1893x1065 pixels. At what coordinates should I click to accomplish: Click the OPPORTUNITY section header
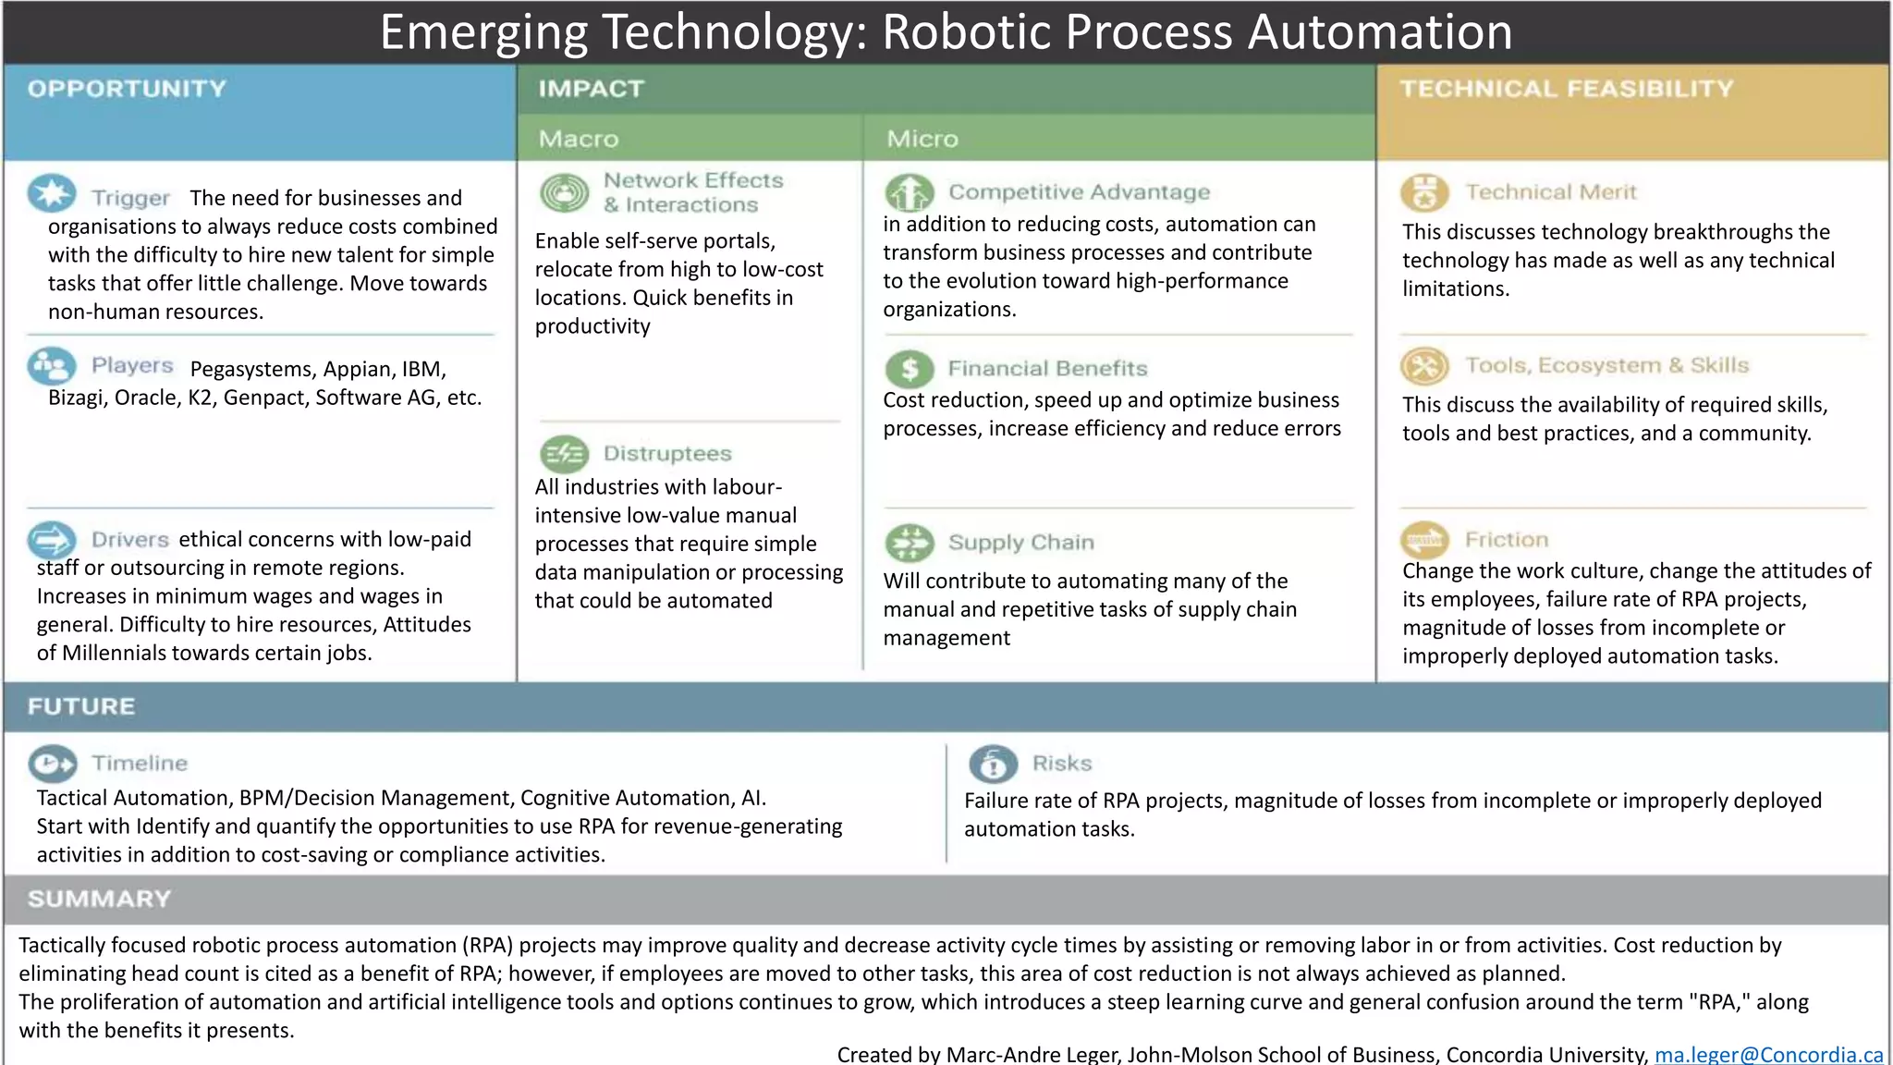pos(127,89)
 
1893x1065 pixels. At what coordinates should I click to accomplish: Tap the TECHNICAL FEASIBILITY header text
pos(1567,89)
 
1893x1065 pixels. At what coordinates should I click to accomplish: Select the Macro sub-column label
pos(579,139)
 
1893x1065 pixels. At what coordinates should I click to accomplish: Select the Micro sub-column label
pos(922,139)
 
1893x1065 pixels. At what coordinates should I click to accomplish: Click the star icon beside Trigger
pos(52,193)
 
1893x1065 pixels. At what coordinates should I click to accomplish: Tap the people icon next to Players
pos(52,366)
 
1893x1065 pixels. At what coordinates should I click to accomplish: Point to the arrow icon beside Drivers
pos(52,539)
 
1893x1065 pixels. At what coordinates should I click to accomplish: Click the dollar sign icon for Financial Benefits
pos(910,369)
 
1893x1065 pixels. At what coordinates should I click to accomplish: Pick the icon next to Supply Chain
pos(910,543)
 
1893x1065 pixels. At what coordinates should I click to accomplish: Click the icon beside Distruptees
pos(564,454)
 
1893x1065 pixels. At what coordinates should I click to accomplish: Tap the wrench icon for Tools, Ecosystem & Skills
pos(1424,366)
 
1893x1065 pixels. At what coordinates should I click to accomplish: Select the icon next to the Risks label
pos(993,764)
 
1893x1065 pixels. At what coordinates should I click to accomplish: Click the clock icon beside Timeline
pos(53,764)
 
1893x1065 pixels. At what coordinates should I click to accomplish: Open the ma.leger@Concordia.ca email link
pos(1768,1054)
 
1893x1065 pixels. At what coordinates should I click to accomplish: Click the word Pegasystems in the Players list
pos(251,369)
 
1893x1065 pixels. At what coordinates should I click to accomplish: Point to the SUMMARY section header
pos(99,899)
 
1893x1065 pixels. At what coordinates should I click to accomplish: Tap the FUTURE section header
pos(81,706)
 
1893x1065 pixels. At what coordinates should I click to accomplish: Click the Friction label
pos(1507,539)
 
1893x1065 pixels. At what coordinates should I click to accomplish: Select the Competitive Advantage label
pos(1079,192)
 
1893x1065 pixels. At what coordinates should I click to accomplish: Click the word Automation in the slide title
pos(1380,31)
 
